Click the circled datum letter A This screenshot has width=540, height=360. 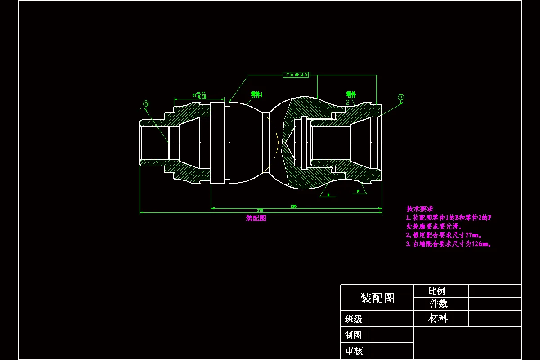click(x=146, y=103)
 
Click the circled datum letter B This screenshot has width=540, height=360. click(x=401, y=97)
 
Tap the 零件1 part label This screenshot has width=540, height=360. click(x=256, y=94)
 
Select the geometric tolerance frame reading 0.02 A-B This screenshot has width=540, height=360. click(x=296, y=75)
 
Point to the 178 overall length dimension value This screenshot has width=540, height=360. click(x=260, y=210)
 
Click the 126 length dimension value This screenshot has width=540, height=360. click(x=293, y=206)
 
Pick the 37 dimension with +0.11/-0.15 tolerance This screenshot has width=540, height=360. click(x=199, y=95)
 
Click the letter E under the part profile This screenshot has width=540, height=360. click(x=328, y=194)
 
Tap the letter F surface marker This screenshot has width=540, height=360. click(x=358, y=191)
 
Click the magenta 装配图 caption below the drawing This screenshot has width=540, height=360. click(x=256, y=218)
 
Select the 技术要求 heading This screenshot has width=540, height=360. click(x=420, y=209)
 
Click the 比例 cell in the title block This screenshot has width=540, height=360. click(x=437, y=291)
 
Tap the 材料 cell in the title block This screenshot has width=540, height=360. click(x=438, y=319)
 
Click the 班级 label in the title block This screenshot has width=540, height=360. click(x=354, y=319)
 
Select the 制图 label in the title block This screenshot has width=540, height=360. click(x=354, y=335)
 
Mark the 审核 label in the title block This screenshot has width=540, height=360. click(x=354, y=351)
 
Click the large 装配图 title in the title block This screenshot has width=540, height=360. click(x=377, y=298)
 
